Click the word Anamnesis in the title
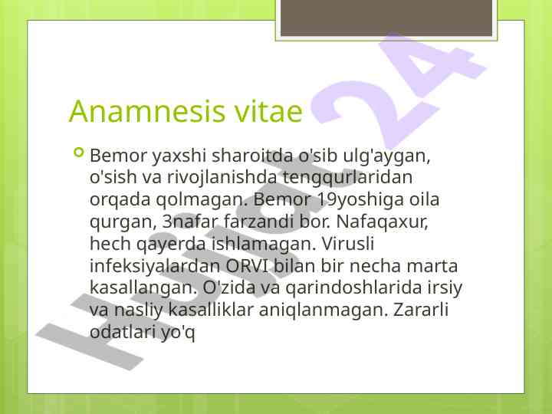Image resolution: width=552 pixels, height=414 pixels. [147, 111]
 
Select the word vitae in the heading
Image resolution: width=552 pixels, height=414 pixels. [268, 111]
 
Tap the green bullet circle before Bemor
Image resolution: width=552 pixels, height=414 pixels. [79, 153]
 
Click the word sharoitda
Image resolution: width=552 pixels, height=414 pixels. [252, 155]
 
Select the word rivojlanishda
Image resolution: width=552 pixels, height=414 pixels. [222, 177]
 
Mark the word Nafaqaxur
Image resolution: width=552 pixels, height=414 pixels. [382, 222]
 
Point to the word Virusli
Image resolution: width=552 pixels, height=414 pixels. [347, 243]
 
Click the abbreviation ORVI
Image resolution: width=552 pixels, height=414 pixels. [246, 265]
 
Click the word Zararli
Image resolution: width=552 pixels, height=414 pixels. [421, 310]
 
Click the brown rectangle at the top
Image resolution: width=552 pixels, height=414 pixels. [386, 18]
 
